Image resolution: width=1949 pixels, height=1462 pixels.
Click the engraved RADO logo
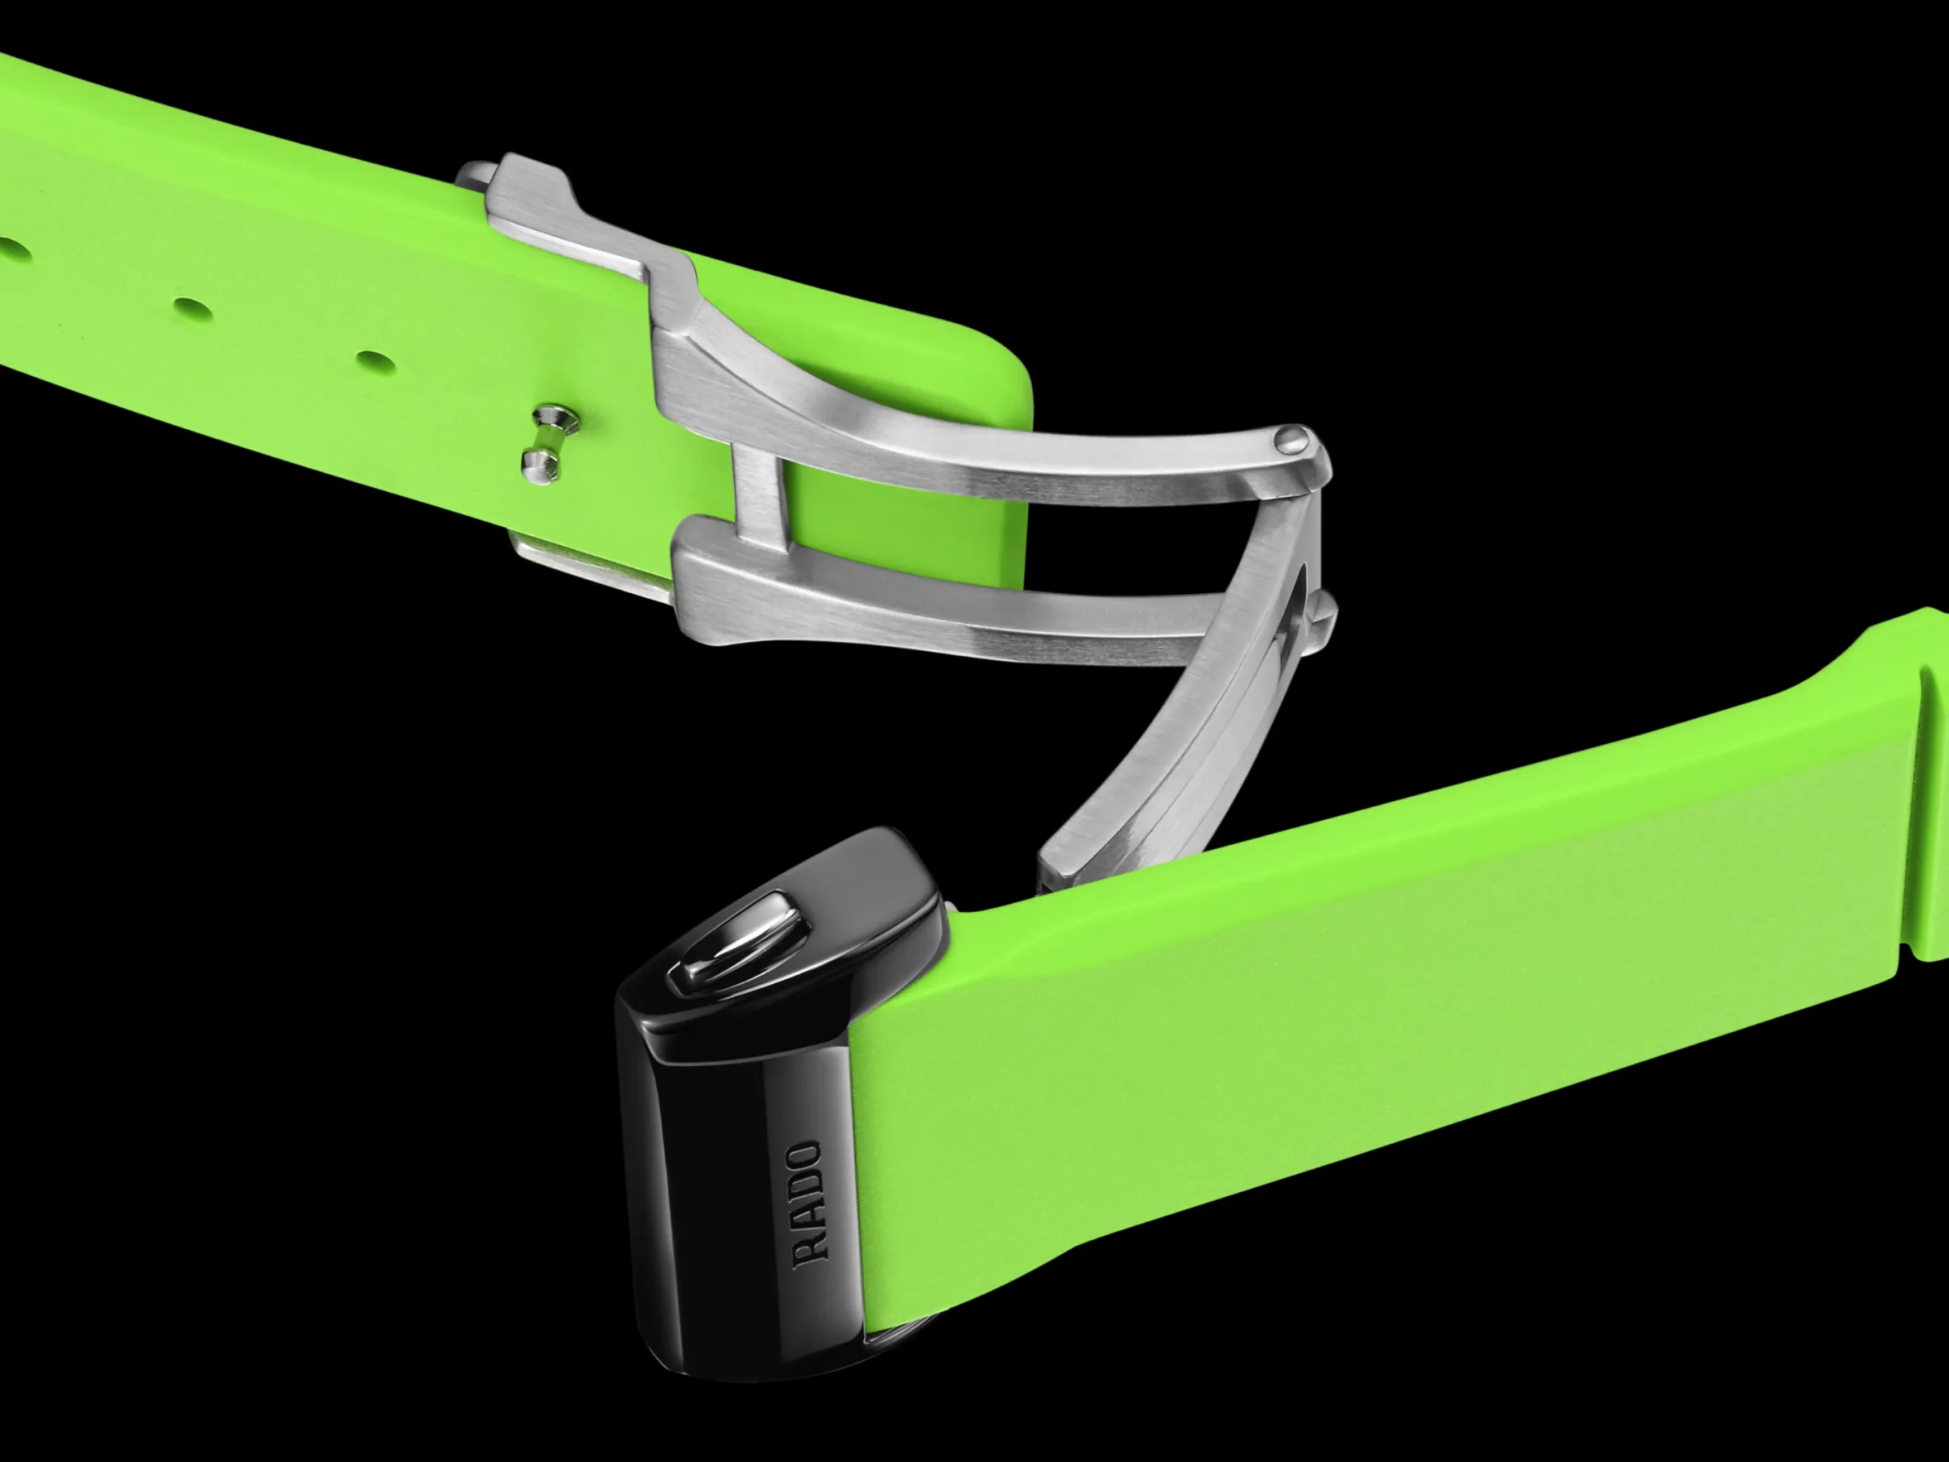click(808, 1205)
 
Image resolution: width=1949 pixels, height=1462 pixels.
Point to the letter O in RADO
click(806, 1156)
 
